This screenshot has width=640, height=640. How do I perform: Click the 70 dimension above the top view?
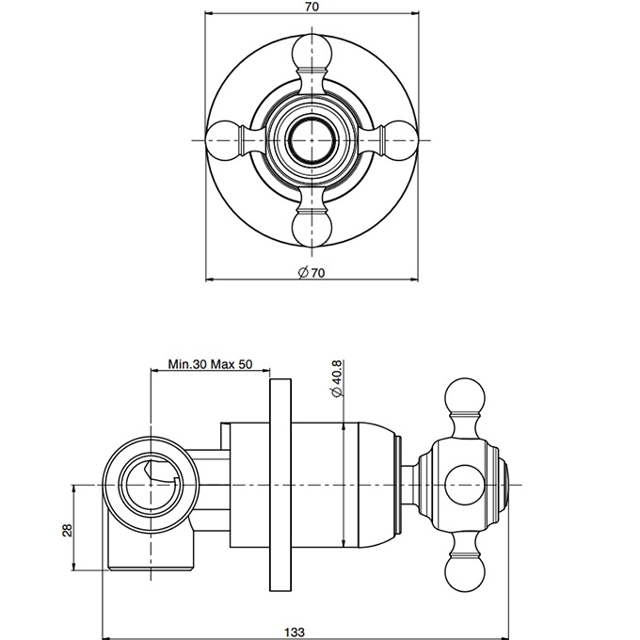(312, 7)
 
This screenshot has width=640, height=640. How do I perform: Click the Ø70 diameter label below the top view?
(312, 272)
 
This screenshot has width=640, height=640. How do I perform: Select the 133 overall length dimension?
(295, 632)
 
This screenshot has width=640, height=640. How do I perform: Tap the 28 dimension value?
(68, 530)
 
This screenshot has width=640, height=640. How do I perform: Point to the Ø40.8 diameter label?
(339, 378)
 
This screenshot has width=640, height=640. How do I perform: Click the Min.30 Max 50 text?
(210, 363)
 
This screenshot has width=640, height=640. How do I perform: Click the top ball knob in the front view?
(312, 54)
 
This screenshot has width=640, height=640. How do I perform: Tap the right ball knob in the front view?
(400, 140)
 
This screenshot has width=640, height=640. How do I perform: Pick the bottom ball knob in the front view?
(312, 227)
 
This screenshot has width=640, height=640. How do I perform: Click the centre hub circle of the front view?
(312, 140)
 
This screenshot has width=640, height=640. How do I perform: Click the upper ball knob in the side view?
(464, 398)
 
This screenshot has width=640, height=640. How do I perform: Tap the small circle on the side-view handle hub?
(464, 485)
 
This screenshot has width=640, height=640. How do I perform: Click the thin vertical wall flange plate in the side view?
(280, 485)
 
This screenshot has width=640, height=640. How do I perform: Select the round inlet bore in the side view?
(151, 485)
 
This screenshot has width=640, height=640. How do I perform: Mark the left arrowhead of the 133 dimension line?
(105, 638)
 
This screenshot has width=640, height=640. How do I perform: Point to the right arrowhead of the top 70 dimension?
(415, 13)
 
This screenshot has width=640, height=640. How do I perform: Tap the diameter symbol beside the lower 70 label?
(303, 272)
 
